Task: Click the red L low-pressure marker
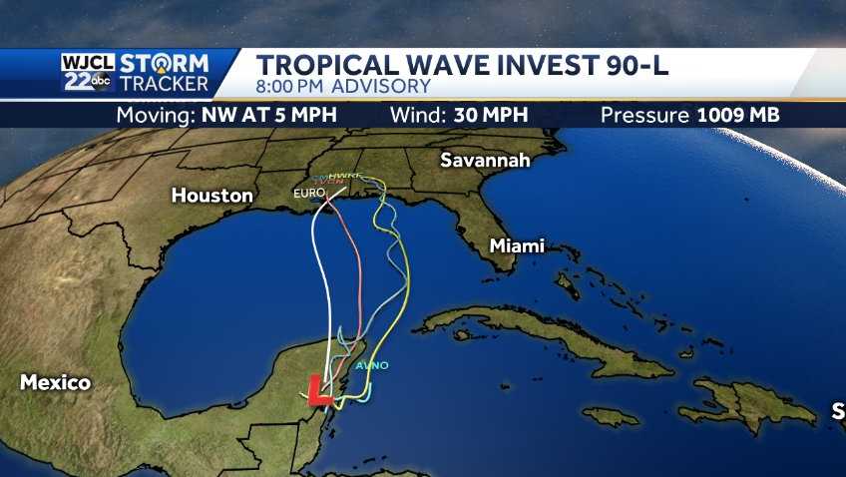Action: tap(319, 390)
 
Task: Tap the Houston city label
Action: tap(212, 196)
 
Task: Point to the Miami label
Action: tap(517, 245)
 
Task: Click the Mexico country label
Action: tap(55, 382)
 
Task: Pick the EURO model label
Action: tap(302, 192)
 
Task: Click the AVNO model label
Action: tap(372, 365)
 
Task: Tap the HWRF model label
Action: tap(344, 177)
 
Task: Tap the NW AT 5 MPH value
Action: tap(268, 114)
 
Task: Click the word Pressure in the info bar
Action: tap(644, 114)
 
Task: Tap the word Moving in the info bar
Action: tap(156, 114)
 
